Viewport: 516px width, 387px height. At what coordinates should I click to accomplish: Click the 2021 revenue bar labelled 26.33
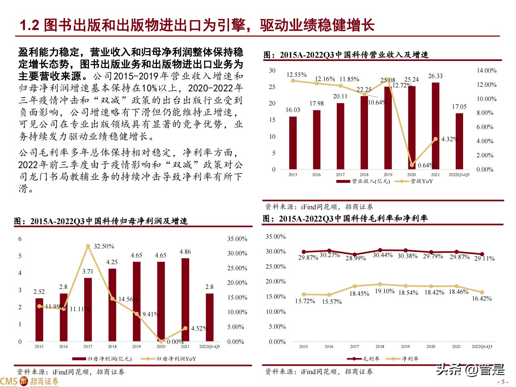(x=435, y=126)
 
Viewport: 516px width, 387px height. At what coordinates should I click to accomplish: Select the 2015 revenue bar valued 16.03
(x=293, y=143)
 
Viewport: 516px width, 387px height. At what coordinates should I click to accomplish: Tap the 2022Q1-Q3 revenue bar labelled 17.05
(x=459, y=141)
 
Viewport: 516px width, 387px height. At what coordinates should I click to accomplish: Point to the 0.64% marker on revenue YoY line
(x=412, y=165)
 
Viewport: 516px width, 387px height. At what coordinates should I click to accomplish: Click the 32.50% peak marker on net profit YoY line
(x=88, y=246)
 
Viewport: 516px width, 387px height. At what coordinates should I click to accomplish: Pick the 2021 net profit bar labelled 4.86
(x=185, y=300)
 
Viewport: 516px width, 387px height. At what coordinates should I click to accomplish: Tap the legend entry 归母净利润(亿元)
(x=103, y=359)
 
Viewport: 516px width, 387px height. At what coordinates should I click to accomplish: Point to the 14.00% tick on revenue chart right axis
(x=486, y=71)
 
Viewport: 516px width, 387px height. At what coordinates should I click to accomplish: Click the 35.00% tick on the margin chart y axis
(x=275, y=237)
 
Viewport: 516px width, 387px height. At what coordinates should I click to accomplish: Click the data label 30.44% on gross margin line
(x=382, y=255)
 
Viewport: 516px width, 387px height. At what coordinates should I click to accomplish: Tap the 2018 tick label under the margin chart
(x=380, y=346)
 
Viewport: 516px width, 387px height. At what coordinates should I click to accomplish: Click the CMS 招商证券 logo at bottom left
(x=30, y=382)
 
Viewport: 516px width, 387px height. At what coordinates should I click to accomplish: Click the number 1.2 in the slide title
(x=29, y=25)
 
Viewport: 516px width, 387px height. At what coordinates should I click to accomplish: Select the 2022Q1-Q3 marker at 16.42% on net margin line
(x=482, y=292)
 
